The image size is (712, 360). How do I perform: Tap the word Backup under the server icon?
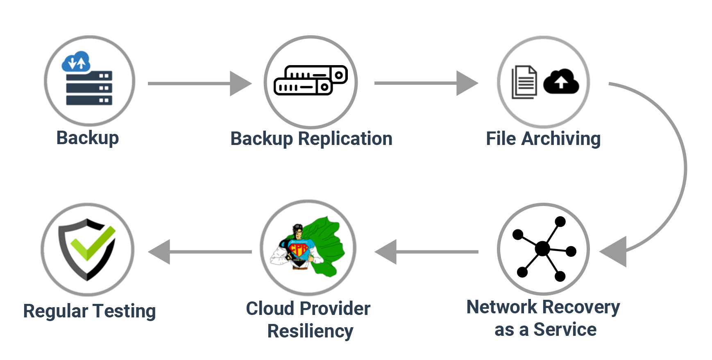tap(87, 138)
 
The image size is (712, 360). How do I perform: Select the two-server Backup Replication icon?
tap(310, 80)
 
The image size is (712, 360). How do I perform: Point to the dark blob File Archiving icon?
tap(543, 82)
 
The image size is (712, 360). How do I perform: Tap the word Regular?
tap(56, 311)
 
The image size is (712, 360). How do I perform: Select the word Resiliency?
tap(310, 331)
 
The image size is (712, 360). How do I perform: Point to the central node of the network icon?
tap(542, 248)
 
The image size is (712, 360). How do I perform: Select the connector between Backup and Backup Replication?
tap(200, 84)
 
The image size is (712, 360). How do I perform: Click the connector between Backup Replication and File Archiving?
tap(426, 83)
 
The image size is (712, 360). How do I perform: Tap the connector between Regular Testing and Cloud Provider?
tap(200, 252)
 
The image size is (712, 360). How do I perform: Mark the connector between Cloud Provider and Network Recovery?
tap(426, 252)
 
